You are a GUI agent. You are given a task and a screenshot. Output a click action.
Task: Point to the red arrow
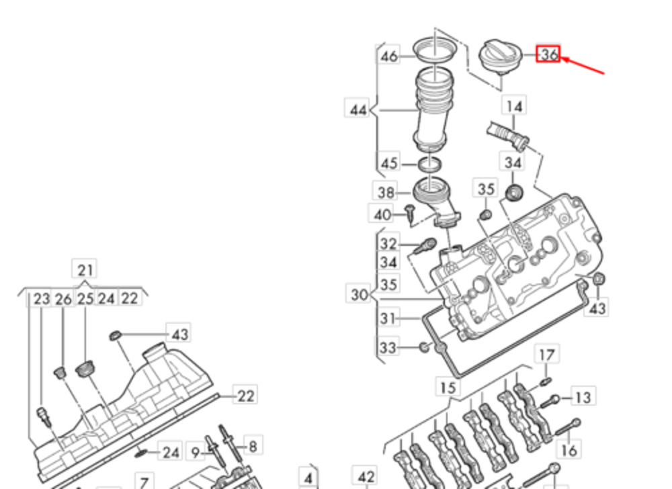click(584, 65)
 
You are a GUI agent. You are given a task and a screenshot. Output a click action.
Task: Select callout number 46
click(389, 56)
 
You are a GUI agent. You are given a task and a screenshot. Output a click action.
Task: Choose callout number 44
click(358, 109)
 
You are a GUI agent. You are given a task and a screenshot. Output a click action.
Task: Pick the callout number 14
click(514, 106)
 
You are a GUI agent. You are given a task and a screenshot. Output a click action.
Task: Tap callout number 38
click(386, 193)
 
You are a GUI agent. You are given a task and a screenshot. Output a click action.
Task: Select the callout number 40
click(382, 215)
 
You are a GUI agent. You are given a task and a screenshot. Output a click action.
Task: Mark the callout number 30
click(360, 294)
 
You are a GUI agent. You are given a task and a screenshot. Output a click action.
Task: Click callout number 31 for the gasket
click(388, 318)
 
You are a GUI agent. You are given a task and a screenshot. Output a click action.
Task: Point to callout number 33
click(388, 348)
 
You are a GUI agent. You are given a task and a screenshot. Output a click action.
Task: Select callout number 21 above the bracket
click(85, 270)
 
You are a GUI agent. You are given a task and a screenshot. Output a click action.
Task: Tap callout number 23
click(42, 298)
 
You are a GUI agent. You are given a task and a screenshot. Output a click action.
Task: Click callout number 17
click(547, 355)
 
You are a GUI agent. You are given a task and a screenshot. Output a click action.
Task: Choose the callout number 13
click(583, 398)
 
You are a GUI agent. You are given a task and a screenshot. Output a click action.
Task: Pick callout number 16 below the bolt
click(569, 449)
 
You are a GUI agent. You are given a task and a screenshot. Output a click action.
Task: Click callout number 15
click(448, 388)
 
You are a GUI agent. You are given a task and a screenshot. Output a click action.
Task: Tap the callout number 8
click(253, 445)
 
